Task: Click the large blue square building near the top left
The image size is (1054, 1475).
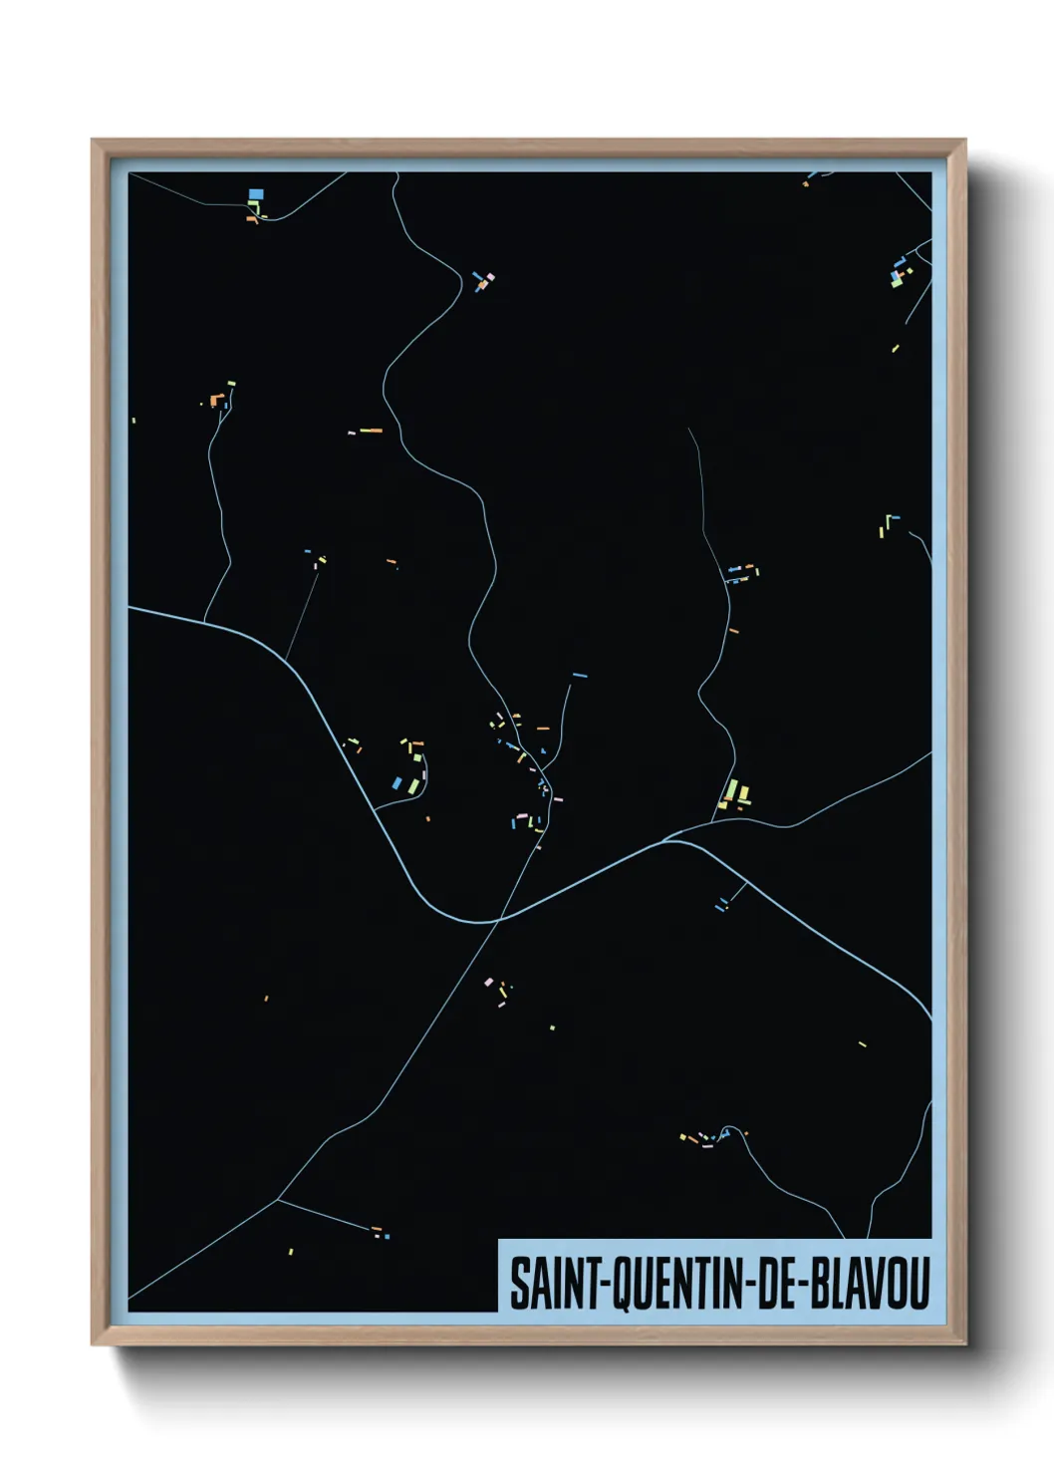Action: [x=256, y=193]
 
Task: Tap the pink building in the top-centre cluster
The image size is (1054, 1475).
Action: [x=489, y=276]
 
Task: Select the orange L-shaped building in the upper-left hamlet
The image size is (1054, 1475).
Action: [x=216, y=400]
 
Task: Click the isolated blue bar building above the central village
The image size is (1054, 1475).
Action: [x=579, y=676]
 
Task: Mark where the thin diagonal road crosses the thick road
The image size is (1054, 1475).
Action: [x=498, y=919]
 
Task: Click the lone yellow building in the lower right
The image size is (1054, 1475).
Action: [x=863, y=1043]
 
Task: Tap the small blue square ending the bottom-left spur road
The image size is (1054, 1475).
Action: [x=387, y=1237]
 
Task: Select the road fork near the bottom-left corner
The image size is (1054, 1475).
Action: [x=277, y=1199]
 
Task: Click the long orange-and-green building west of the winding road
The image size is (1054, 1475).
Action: [x=371, y=431]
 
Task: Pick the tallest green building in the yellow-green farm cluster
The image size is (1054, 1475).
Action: [x=732, y=791]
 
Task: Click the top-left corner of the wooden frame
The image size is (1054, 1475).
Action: [x=93, y=142]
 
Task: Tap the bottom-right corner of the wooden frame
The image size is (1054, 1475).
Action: [x=964, y=1343]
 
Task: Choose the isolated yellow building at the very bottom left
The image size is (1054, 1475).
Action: [x=291, y=1252]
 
